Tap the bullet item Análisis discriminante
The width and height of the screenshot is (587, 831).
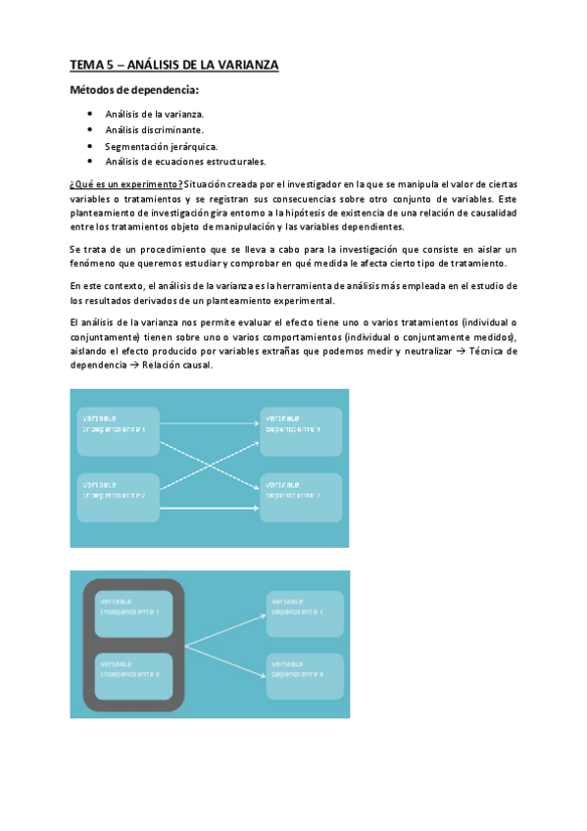click(x=155, y=129)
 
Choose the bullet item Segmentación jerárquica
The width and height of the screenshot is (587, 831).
click(x=155, y=146)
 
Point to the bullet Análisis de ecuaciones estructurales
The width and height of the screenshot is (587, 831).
click(x=185, y=162)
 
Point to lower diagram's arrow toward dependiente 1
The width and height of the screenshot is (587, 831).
click(x=225, y=629)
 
